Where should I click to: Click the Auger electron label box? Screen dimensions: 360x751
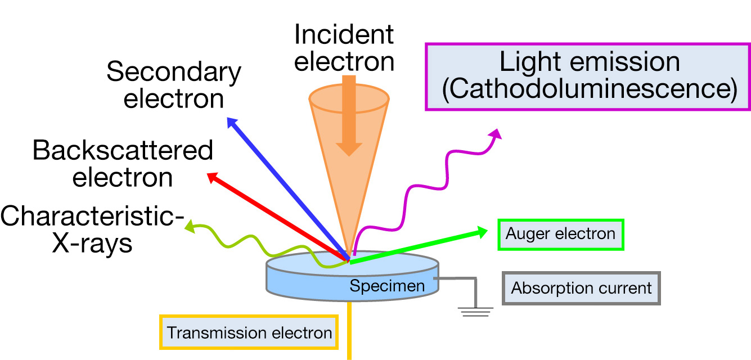pyautogui.click(x=561, y=233)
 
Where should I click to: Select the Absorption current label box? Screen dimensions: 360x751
pyautogui.click(x=581, y=289)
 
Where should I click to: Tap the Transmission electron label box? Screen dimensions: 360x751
pyautogui.click(x=249, y=332)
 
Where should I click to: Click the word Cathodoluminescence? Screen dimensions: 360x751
pyautogui.click(x=590, y=91)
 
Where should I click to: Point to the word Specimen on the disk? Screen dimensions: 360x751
pyautogui.click(x=387, y=286)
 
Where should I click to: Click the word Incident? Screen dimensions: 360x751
pyautogui.click(x=344, y=35)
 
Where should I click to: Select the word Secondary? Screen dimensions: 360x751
pyautogui.click(x=174, y=73)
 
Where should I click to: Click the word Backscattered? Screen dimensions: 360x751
pyautogui.click(x=123, y=151)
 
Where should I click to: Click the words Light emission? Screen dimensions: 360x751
pyautogui.click(x=590, y=62)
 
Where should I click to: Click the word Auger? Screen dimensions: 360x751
pyautogui.click(x=527, y=233)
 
